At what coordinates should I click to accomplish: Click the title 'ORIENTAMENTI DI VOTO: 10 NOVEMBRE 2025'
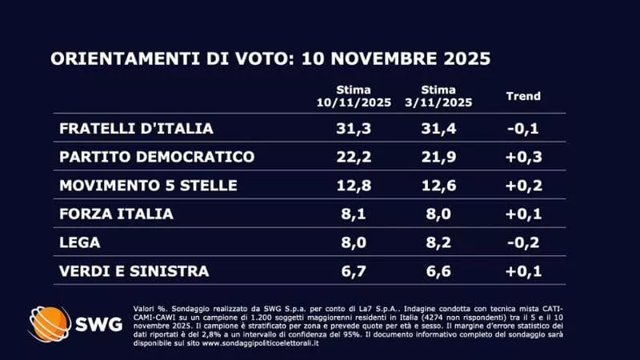pyautogui.click(x=270, y=59)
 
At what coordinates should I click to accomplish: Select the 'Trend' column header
pyautogui.click(x=523, y=96)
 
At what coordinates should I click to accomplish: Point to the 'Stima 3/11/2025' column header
pyautogui.click(x=438, y=96)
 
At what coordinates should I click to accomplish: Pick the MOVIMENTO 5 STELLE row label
pyautogui.click(x=148, y=186)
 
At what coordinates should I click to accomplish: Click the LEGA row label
pyautogui.click(x=78, y=243)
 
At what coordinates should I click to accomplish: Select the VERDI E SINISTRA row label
pyautogui.click(x=134, y=272)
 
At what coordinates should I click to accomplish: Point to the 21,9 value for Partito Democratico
pyautogui.click(x=438, y=157)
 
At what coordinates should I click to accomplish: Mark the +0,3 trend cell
pyautogui.click(x=524, y=157)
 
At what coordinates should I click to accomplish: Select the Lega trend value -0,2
pyautogui.click(x=524, y=243)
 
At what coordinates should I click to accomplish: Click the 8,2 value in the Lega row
pyautogui.click(x=438, y=243)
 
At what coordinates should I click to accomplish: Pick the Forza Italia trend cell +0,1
pyautogui.click(x=524, y=214)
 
